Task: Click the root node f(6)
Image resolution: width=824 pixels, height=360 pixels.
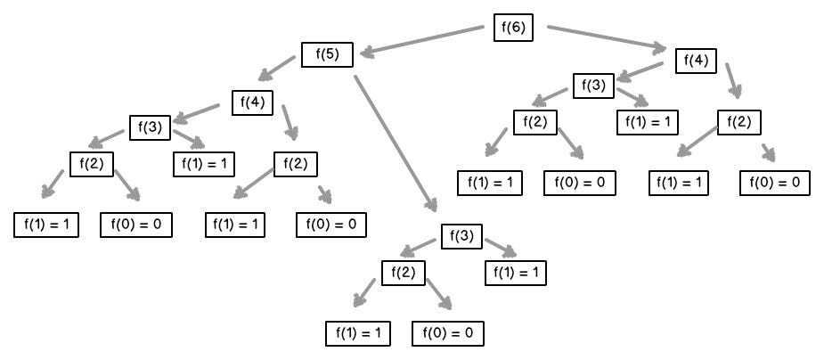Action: [514, 28]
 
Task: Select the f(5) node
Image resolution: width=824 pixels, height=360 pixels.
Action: [327, 54]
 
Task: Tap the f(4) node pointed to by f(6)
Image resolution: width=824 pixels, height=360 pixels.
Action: [696, 61]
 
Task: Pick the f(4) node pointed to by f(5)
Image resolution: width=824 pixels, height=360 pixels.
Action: [253, 102]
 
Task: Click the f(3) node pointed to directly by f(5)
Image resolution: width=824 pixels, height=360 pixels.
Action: [461, 238]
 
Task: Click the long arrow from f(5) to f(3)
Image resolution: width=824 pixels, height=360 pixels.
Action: [395, 143]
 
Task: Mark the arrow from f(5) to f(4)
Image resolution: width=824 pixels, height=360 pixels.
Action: [278, 68]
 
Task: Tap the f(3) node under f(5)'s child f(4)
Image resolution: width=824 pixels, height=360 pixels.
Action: [149, 127]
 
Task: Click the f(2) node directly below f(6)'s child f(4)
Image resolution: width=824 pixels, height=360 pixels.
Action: [738, 121]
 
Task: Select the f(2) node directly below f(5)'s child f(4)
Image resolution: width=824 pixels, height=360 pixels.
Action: [296, 164]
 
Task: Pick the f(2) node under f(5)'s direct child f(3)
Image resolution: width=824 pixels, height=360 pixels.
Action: [404, 272]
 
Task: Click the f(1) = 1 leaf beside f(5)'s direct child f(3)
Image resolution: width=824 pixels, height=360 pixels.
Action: [516, 273]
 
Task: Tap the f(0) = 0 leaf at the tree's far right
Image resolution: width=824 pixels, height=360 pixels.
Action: [774, 183]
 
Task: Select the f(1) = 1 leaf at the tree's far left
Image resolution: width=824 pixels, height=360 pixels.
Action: [46, 225]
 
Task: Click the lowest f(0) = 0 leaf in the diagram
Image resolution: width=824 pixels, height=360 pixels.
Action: [447, 334]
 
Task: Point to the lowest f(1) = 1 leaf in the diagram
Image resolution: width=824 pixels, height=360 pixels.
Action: [358, 334]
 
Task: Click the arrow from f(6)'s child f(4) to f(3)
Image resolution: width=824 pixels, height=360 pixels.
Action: [640, 71]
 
